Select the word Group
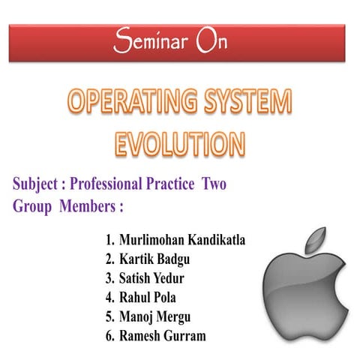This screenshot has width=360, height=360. [x=31, y=205]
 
